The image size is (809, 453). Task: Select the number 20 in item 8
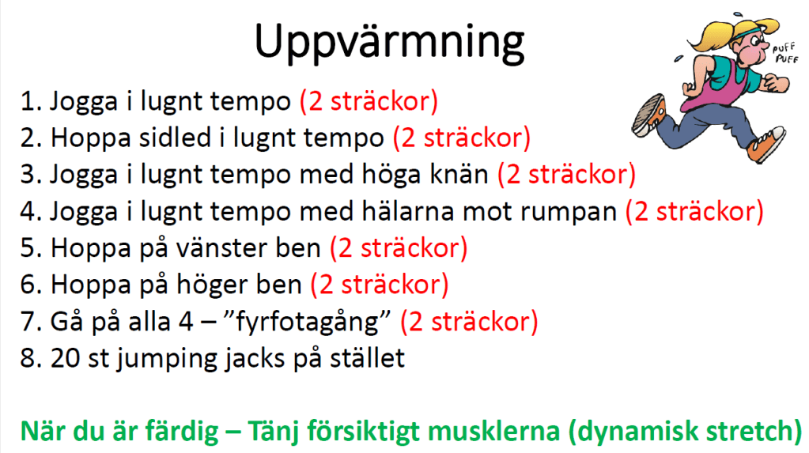coord(65,358)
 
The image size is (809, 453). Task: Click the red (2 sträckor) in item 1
coord(369,101)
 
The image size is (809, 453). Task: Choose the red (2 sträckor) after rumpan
coord(694,212)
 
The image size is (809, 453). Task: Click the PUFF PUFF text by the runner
coord(785,53)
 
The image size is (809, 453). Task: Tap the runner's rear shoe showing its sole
coord(649,115)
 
